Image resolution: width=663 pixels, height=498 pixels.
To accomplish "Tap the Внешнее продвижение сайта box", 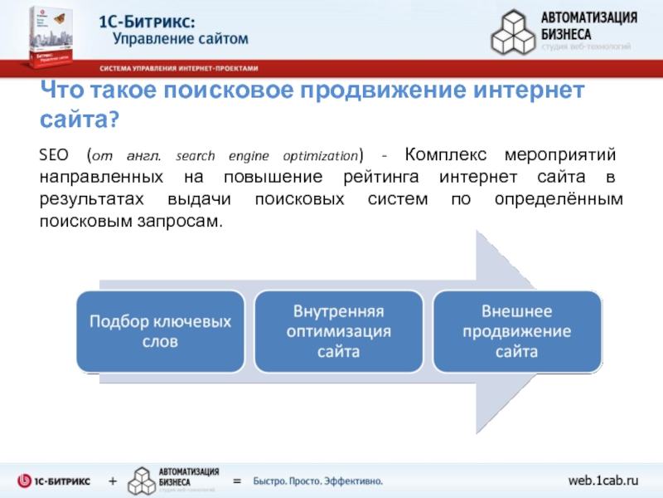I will (x=515, y=331).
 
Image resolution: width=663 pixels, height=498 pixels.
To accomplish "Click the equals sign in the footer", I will (x=236, y=481).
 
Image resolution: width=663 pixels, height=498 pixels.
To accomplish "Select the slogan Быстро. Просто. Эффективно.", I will (x=317, y=481).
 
